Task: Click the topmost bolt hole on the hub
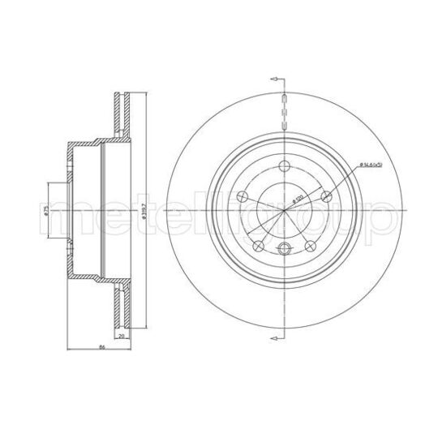[284, 168]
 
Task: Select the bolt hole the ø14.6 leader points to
[326, 195]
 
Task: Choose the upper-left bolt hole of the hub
[242, 196]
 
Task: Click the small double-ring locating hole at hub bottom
[284, 251]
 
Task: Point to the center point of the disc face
[284, 213]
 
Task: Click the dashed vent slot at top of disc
[284, 109]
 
